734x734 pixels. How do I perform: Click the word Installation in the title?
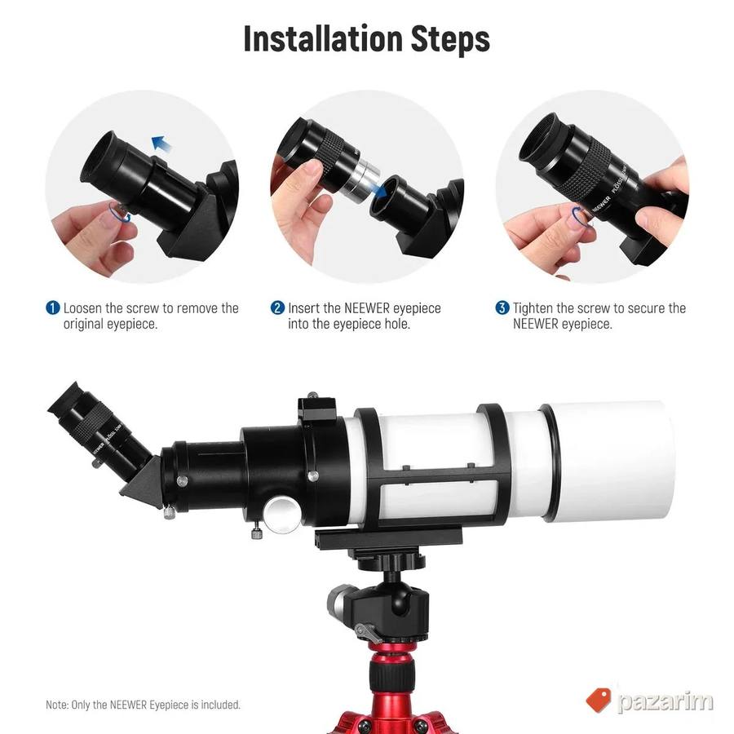pyautogui.click(x=323, y=39)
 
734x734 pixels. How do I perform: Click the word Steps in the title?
pyautogui.click(x=450, y=40)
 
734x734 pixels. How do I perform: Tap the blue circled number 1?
pyautogui.click(x=53, y=308)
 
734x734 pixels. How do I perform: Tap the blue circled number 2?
pyautogui.click(x=277, y=308)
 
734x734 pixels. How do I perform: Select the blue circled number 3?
pyautogui.click(x=502, y=308)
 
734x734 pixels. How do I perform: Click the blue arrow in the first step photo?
pyautogui.click(x=161, y=144)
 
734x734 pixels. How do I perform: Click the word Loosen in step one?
pyautogui.click(x=82, y=308)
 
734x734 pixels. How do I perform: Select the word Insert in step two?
pyautogui.click(x=303, y=308)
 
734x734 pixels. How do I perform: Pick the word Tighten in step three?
pyautogui.click(x=533, y=308)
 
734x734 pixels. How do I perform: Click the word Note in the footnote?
pyautogui.click(x=56, y=705)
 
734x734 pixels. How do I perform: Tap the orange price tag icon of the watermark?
pyautogui.click(x=599, y=700)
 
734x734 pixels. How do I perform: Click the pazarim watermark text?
pyautogui.click(x=665, y=701)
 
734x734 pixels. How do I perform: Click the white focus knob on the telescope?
pyautogui.click(x=282, y=515)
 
